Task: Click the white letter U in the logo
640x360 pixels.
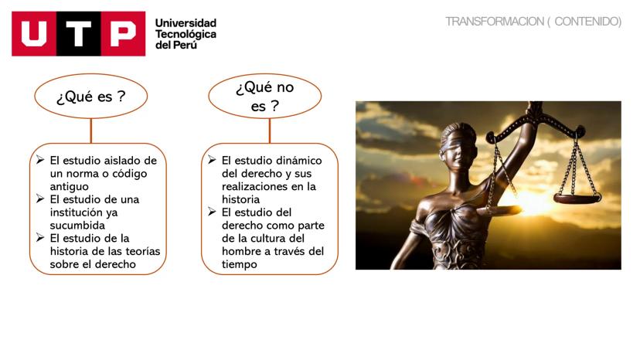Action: pos(34,33)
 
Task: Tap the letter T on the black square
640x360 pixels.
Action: pos(78,33)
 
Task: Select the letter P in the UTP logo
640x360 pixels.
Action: pos(123,33)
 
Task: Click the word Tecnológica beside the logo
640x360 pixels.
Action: pos(186,34)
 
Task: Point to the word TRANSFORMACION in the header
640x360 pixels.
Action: pos(494,21)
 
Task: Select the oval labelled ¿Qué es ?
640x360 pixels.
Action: pos(91,97)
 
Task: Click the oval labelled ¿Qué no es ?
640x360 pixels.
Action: pos(265,97)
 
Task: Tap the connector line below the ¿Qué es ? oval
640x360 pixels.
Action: pos(91,131)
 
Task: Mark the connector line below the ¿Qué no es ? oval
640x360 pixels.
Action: pos(270,131)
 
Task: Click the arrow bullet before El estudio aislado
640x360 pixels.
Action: pos(40,160)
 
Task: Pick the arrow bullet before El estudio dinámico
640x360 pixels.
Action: pos(212,160)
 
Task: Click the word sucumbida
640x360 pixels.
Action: pos(77,226)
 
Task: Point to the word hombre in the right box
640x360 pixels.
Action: pos(242,251)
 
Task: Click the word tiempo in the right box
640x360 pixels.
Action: pos(240,264)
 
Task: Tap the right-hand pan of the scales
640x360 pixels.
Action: pos(577,199)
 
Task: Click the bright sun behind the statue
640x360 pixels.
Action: pos(530,202)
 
